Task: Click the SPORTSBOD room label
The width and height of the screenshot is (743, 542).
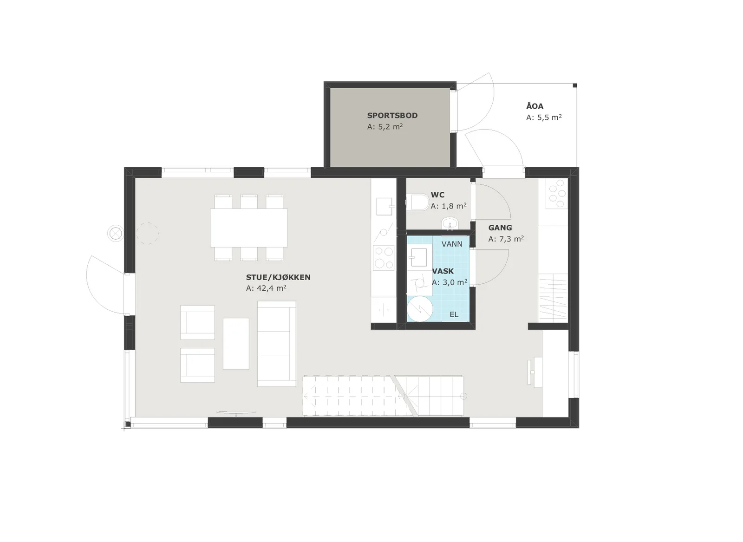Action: click(x=392, y=116)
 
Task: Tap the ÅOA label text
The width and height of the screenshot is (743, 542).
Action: click(x=534, y=106)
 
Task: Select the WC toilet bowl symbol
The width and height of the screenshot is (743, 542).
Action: click(x=420, y=202)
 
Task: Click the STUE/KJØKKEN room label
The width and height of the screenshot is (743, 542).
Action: click(x=278, y=277)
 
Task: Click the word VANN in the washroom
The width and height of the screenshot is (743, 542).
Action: click(x=452, y=244)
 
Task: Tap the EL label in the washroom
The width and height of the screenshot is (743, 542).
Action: click(x=454, y=314)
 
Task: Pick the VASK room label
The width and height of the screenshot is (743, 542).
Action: click(x=443, y=271)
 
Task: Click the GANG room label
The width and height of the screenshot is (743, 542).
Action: click(x=500, y=228)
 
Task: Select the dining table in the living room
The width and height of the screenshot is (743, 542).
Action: click(x=249, y=228)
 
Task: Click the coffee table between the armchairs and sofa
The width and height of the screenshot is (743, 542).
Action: click(x=236, y=343)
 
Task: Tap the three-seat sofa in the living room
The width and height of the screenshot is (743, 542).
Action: click(x=277, y=343)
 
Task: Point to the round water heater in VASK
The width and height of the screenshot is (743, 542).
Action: click(x=420, y=309)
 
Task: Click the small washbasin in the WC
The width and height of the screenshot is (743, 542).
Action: click(x=450, y=223)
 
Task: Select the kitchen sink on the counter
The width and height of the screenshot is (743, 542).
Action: click(x=385, y=206)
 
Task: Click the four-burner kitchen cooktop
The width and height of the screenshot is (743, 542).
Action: click(x=384, y=258)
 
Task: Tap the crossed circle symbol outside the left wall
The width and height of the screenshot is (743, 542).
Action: click(x=116, y=234)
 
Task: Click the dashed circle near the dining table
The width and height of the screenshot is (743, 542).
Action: click(x=147, y=234)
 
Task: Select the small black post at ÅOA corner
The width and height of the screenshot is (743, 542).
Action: click(x=575, y=85)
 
